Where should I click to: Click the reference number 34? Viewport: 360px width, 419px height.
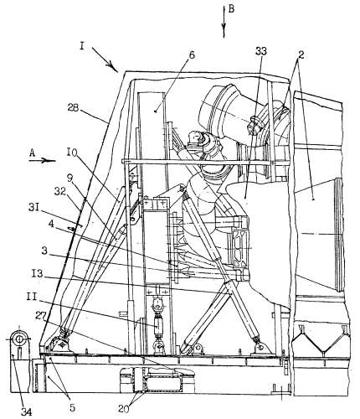point(27,412)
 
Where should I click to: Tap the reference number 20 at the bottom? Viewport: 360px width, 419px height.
point(124,409)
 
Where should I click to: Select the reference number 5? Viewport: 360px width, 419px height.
point(72,407)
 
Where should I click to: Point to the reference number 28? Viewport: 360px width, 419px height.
point(73,108)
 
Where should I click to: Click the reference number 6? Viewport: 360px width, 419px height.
point(192,55)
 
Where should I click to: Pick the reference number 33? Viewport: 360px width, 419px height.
point(261,51)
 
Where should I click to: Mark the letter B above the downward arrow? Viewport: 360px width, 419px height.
point(231,9)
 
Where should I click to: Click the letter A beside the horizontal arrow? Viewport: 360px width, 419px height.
point(33,153)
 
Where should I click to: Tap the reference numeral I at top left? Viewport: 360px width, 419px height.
point(82,46)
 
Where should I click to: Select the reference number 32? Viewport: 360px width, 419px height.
point(60,191)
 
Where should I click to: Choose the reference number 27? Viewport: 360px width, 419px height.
point(41,315)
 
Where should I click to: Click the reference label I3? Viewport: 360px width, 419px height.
point(38,273)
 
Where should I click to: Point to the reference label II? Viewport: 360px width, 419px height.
point(32,297)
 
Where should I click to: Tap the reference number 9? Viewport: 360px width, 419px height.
point(69,177)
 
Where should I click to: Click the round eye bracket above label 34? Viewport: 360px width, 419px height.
point(19,339)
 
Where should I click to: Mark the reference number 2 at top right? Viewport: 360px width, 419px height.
point(301,55)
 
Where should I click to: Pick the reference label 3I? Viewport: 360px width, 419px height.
point(33,208)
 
